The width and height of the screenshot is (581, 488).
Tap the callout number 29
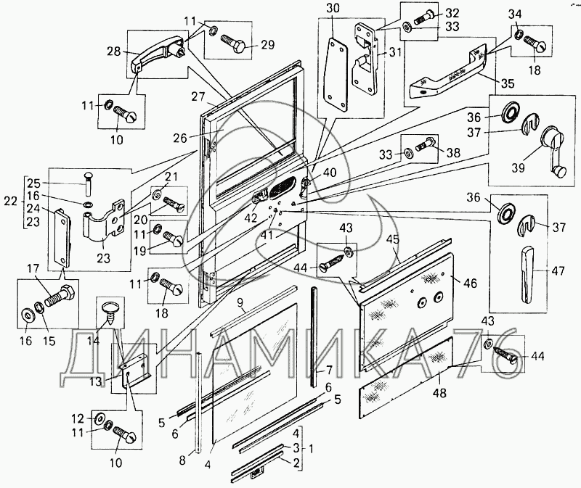[267, 46]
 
